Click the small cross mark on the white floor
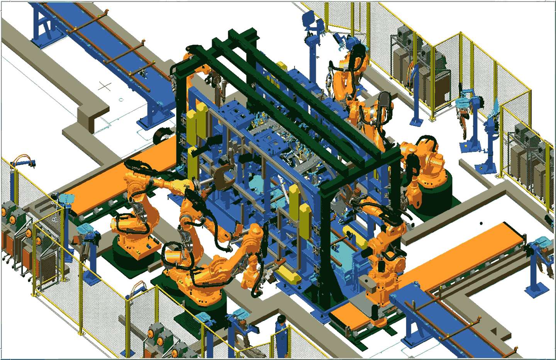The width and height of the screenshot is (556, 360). coord(105,86)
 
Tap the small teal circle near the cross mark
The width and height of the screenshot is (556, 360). coord(121,100)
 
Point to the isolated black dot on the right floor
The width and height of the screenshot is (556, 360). coord(481,223)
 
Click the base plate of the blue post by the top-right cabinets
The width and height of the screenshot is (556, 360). coord(415,121)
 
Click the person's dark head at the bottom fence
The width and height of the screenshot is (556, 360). coord(281,319)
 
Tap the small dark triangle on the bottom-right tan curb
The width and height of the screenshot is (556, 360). coord(494,332)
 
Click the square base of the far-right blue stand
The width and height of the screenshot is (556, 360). coord(536,290)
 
